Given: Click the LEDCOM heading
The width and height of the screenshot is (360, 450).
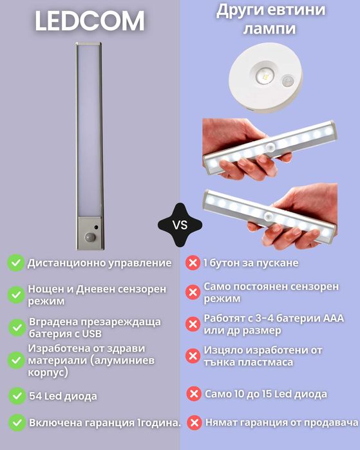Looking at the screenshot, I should [x=90, y=22].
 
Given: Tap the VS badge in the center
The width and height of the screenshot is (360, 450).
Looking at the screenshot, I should [x=180, y=225].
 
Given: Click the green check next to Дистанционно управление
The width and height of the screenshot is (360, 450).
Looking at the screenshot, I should [x=15, y=263].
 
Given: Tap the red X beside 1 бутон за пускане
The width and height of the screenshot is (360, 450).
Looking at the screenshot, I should [x=192, y=263].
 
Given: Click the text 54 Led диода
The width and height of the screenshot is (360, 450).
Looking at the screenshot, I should [x=62, y=395].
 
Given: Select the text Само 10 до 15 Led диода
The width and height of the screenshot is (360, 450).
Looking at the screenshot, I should [x=265, y=394].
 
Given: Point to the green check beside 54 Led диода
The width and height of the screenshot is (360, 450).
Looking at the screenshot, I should [x=15, y=395].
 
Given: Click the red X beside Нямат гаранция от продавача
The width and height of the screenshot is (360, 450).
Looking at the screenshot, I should [x=194, y=423].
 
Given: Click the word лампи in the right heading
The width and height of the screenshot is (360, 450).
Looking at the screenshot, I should [x=270, y=30].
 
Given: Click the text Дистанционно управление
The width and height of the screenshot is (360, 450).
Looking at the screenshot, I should [x=99, y=263].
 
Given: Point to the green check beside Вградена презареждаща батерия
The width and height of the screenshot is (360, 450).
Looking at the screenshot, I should [x=15, y=327].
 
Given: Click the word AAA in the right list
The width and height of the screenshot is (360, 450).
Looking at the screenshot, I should [x=332, y=319].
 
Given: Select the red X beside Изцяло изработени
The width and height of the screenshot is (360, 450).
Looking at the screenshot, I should [x=192, y=356].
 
